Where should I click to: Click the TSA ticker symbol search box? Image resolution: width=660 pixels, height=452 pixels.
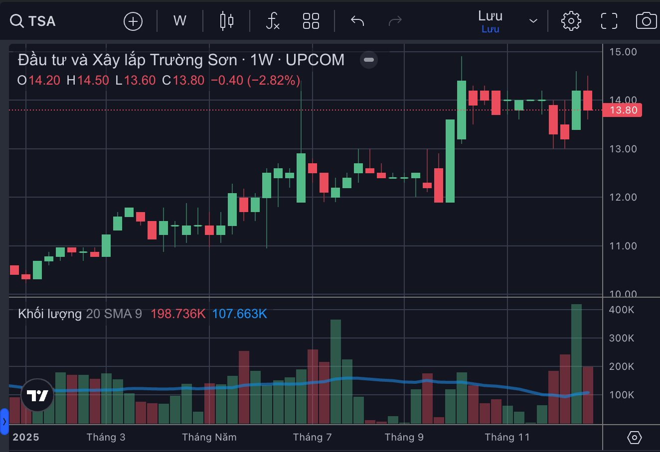coord(33,21)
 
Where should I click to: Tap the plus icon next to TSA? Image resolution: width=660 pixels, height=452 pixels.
coord(133,21)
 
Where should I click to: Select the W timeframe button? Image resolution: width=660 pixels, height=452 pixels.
coord(179,21)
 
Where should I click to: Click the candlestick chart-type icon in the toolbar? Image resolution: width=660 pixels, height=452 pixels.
coord(227,21)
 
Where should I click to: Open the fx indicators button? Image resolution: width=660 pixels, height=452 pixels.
coord(272,21)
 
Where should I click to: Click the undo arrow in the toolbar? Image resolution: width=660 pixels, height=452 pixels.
coord(357,21)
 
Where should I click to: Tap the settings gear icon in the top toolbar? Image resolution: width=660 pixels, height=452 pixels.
coord(571,21)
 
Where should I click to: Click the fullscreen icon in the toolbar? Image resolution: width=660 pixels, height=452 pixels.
coord(609,21)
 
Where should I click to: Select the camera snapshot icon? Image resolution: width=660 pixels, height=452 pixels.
coord(646,21)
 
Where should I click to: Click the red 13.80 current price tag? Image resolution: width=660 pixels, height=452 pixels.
coord(623,110)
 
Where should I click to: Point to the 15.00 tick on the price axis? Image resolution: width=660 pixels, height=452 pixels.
coord(623,52)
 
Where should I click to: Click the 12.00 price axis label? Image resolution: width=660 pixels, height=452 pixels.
coord(623,197)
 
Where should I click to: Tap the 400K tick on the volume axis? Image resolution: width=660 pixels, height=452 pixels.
coord(622,310)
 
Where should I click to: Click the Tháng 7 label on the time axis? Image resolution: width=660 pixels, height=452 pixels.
coord(312,437)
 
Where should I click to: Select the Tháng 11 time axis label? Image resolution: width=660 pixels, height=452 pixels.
coord(507,437)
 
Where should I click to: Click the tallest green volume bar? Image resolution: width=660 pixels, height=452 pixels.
coord(576,363)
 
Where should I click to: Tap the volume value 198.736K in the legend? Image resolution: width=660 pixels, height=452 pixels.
coord(178,314)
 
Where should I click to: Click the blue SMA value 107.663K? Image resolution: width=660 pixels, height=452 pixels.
coord(240,314)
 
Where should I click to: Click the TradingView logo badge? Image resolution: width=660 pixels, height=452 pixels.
coord(37,395)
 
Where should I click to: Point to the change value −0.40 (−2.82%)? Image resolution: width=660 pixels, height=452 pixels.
coord(255,80)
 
